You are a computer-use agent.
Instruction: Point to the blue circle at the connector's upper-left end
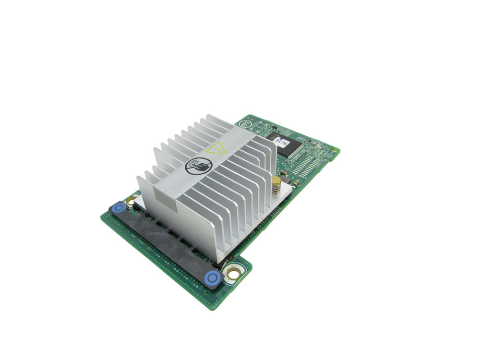[118, 208]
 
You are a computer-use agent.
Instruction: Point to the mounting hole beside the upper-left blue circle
[130, 200]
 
